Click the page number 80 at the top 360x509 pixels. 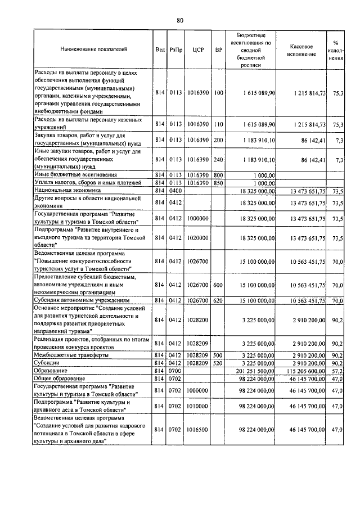[180, 21]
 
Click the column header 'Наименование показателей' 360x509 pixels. [94, 49]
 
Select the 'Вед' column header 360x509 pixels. [159, 49]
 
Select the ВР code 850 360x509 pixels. [219, 183]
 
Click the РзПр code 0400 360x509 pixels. [176, 192]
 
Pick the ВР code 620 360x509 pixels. [219, 301]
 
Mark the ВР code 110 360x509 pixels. [219, 124]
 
